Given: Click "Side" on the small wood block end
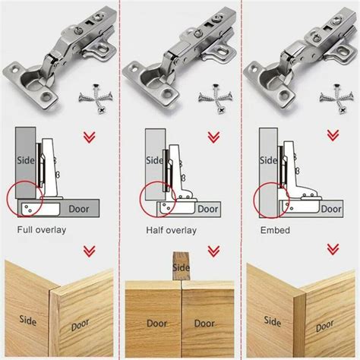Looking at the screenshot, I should pyautogui.click(x=181, y=267).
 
